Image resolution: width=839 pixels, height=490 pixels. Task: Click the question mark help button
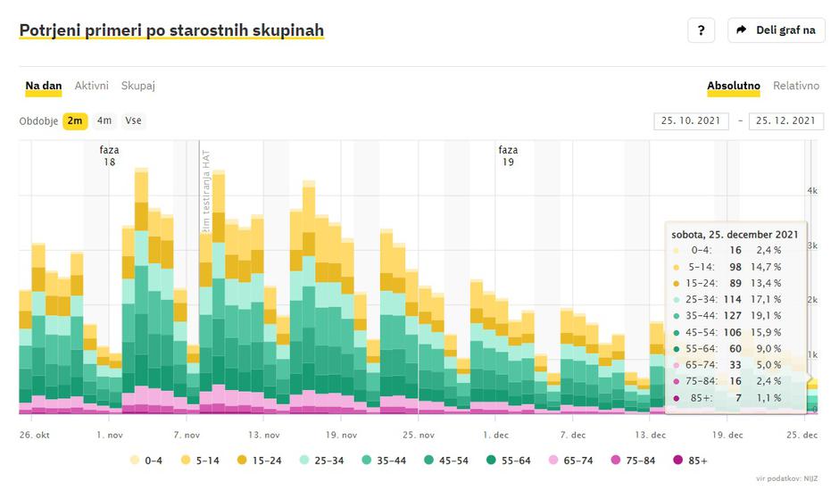(x=702, y=30)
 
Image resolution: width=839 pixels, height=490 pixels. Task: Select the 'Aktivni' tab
(x=92, y=86)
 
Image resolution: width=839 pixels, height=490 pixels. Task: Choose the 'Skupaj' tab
(x=138, y=86)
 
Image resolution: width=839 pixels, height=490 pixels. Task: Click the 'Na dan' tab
(x=44, y=86)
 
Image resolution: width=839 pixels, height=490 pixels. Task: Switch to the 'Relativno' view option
(x=795, y=86)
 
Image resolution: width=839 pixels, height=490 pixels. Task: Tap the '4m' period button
(x=104, y=120)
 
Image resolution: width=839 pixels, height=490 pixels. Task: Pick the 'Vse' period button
(x=133, y=120)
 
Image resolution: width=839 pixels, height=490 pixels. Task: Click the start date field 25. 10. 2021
(x=691, y=120)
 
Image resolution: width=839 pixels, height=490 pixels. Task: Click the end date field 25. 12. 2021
(x=785, y=120)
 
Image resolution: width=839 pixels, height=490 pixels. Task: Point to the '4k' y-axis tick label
(x=812, y=190)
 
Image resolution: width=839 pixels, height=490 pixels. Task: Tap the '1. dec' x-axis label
(x=495, y=435)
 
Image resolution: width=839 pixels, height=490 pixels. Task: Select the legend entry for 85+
(x=693, y=461)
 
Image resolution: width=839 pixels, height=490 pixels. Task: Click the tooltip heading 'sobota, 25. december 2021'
(x=735, y=234)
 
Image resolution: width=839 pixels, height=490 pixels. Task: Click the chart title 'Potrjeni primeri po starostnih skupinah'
(x=171, y=30)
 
